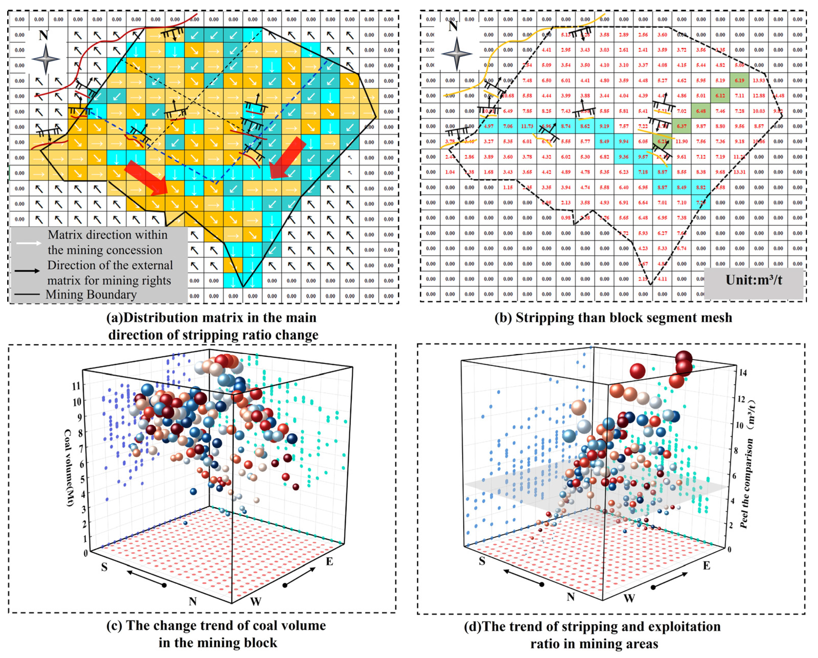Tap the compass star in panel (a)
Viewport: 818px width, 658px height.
point(45,59)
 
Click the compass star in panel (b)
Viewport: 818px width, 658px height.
point(456,53)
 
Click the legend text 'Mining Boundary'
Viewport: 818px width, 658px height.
point(91,295)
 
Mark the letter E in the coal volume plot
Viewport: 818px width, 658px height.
point(329,561)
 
